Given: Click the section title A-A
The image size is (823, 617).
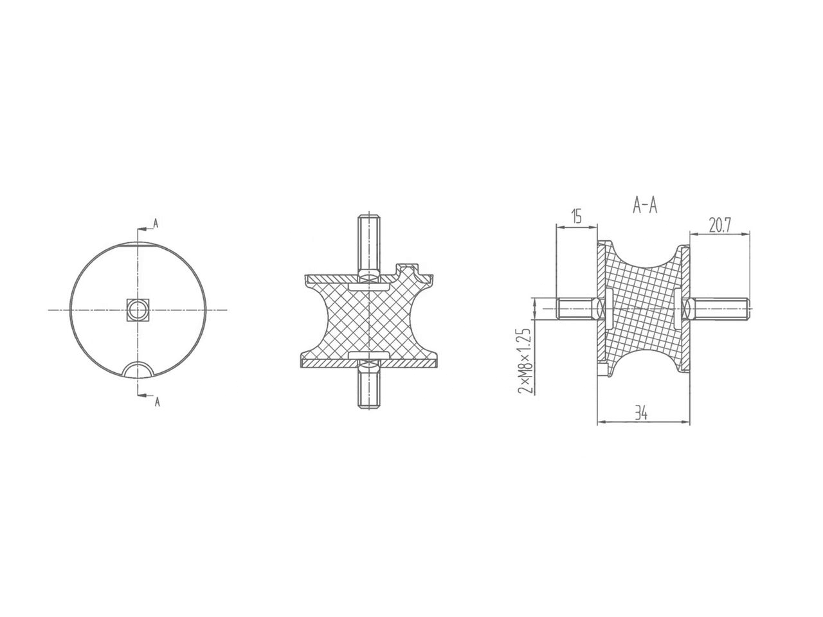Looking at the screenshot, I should click(645, 205).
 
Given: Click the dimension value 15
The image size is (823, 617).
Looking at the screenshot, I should click(575, 217).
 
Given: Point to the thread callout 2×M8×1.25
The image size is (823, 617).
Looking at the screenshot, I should click(523, 360).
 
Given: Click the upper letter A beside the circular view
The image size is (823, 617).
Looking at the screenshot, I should click(156, 224).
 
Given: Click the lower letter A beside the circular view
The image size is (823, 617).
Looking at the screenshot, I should click(156, 402).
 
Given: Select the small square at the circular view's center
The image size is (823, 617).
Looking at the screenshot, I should click(138, 310).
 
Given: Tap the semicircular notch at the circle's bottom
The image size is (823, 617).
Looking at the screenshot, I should click(138, 370).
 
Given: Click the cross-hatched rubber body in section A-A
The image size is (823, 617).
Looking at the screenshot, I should click(643, 302).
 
